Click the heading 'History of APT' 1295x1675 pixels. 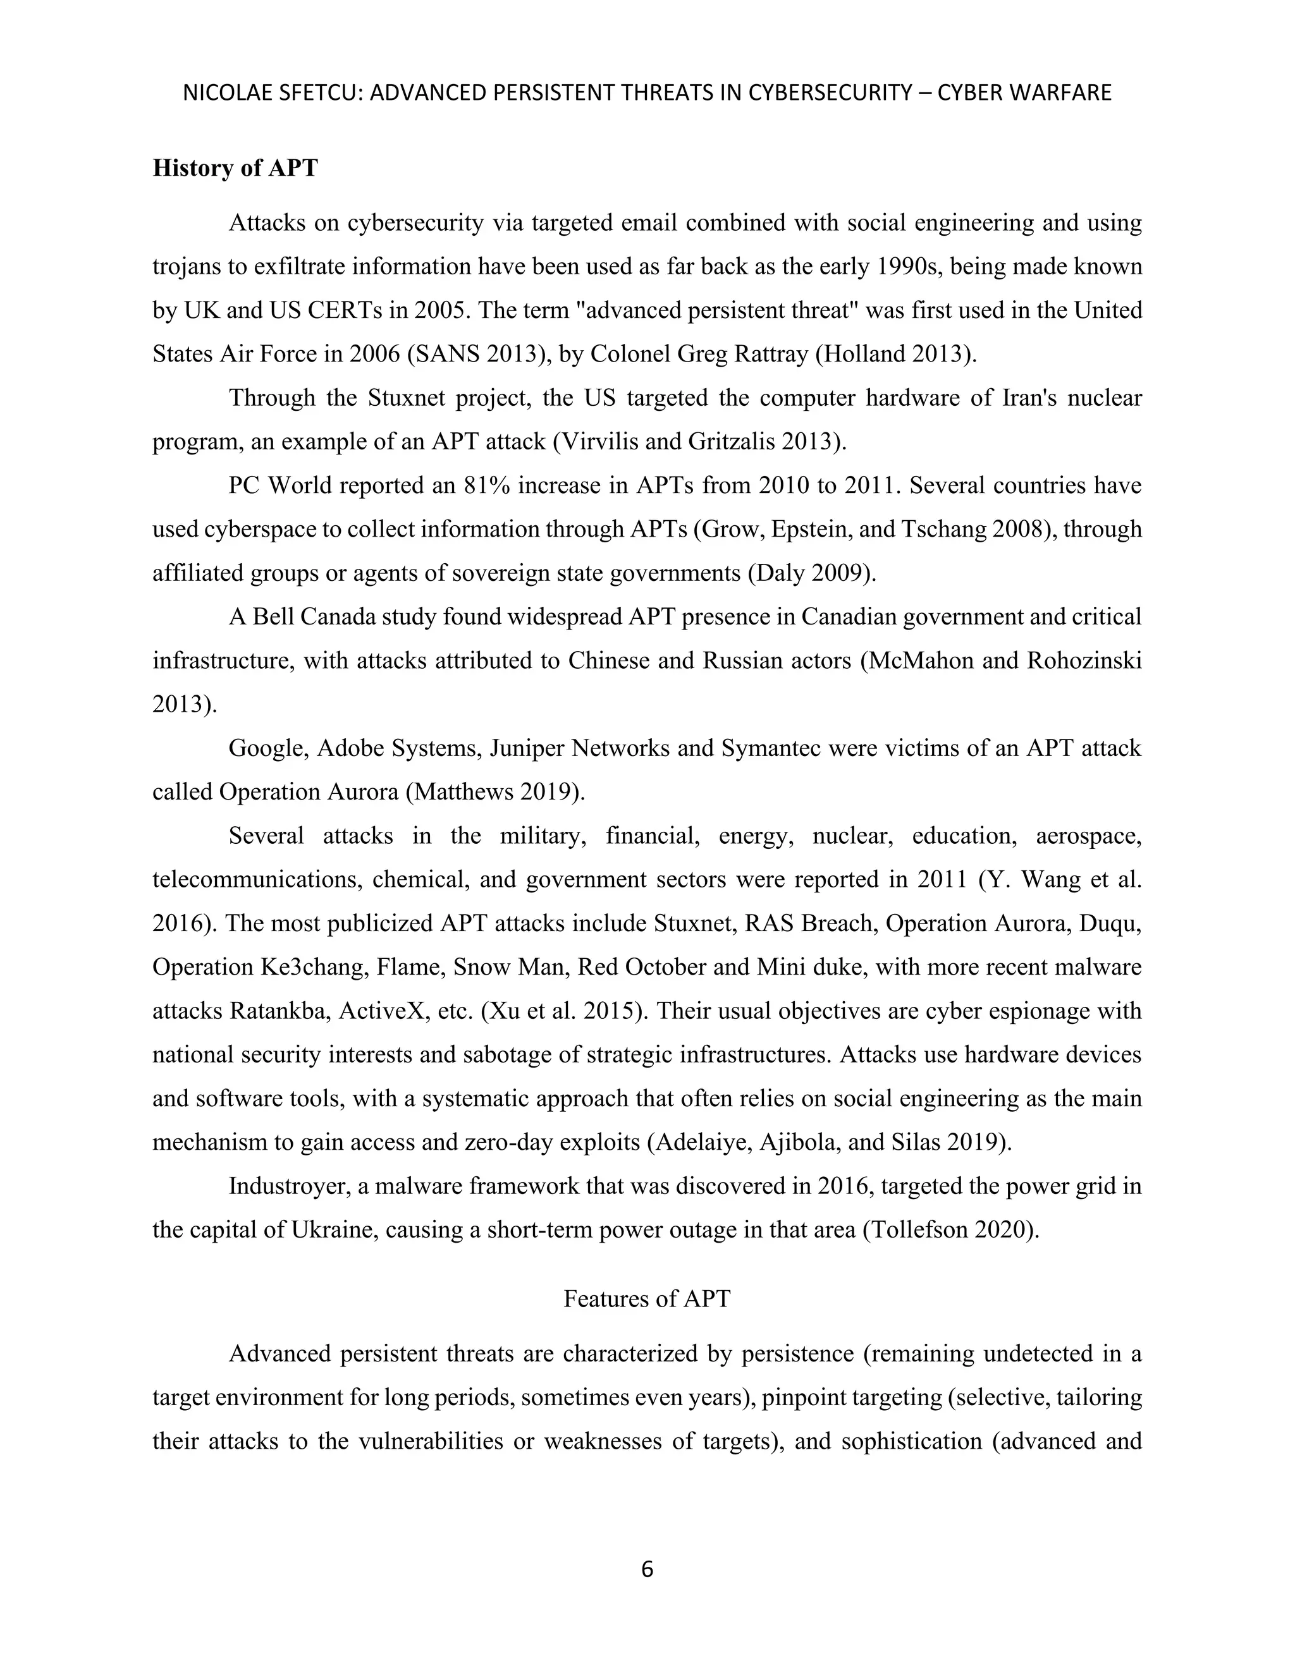(x=235, y=168)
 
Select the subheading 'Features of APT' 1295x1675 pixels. (x=647, y=1298)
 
